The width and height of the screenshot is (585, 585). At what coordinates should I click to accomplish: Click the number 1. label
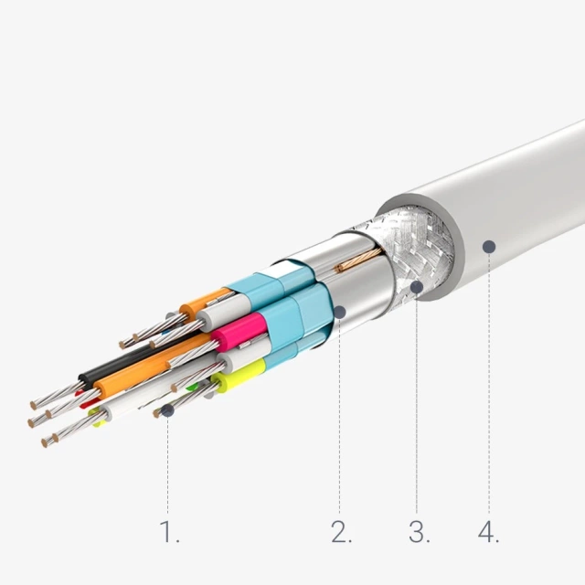click(x=169, y=532)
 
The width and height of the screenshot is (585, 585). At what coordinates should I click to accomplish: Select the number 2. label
click(x=341, y=532)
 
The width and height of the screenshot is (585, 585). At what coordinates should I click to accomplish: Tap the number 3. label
click(x=419, y=532)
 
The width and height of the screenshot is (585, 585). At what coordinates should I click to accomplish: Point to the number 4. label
click(x=489, y=532)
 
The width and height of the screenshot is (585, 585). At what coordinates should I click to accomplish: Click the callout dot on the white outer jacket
click(x=489, y=246)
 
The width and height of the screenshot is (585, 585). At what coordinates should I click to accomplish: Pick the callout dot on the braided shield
click(x=417, y=287)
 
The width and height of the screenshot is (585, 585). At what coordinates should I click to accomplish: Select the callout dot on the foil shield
click(x=340, y=312)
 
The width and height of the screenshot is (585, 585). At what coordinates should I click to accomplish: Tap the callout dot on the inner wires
click(x=168, y=410)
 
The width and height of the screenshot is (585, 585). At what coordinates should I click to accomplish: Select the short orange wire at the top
click(x=203, y=301)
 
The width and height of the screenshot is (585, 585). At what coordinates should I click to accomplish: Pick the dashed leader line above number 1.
click(x=168, y=466)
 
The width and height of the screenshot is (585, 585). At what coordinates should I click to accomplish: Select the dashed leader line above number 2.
click(x=340, y=411)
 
